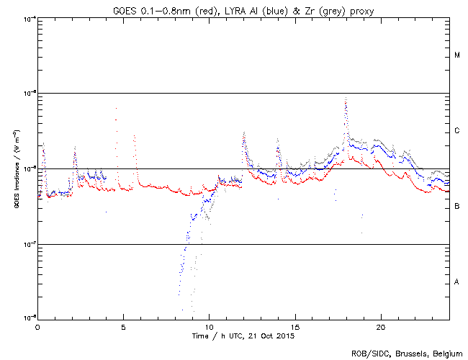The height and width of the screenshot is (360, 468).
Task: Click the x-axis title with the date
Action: click(243, 336)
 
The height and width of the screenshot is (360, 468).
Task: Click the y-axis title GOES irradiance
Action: click(16, 169)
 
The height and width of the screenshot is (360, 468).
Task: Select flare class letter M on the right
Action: click(457, 55)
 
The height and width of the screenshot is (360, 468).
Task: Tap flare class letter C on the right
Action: click(457, 131)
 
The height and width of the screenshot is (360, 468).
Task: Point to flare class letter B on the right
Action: click(457, 207)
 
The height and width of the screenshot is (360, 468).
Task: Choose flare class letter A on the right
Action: click(457, 282)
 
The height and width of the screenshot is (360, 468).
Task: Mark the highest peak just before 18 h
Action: click(346, 99)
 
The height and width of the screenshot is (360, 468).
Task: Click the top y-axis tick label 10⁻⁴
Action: click(30, 17)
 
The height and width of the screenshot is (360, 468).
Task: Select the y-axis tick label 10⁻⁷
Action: click(30, 243)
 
